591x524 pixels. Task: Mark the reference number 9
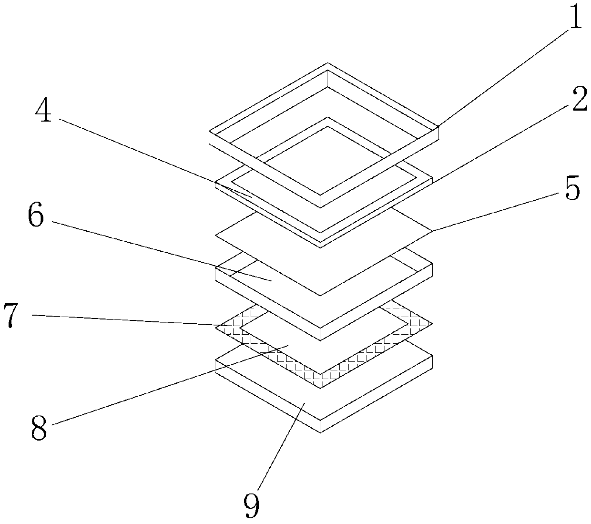[x=252, y=505]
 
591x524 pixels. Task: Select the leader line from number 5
[x=500, y=210]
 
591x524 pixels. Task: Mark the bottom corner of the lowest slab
[x=320, y=432]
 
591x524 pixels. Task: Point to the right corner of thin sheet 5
[x=432, y=231]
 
